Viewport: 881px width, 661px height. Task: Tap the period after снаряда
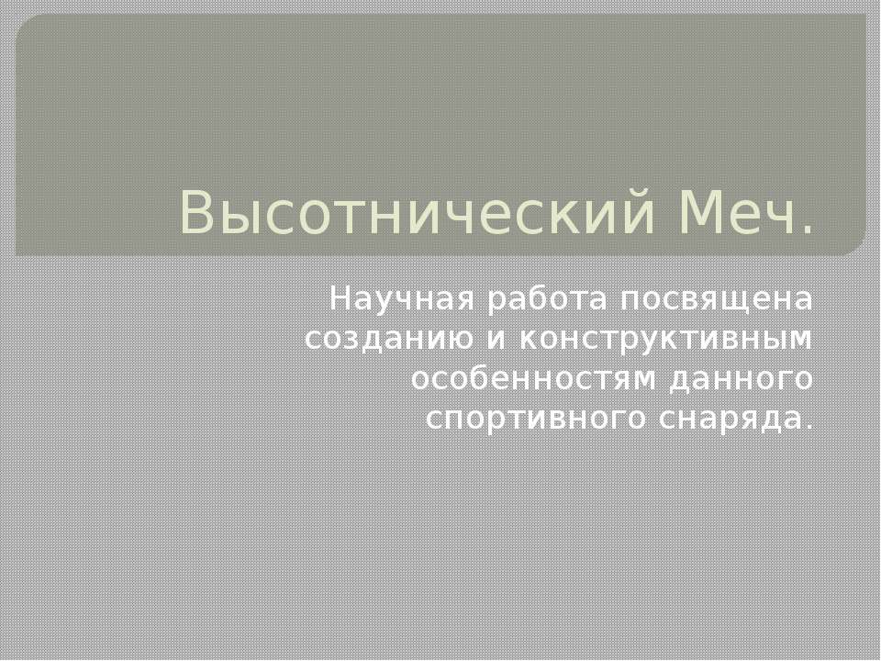[808, 426]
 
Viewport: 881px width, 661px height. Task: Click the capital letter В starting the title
[196, 214]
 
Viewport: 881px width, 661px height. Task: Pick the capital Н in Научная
[339, 299]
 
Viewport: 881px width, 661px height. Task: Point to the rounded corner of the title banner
[855, 243]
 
